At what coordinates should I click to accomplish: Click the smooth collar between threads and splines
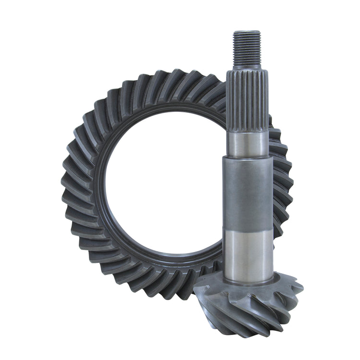(x=247, y=67)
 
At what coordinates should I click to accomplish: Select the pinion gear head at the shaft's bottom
(x=250, y=302)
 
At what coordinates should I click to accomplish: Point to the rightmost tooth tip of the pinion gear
(x=301, y=288)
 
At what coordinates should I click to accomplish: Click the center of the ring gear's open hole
(x=163, y=187)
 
